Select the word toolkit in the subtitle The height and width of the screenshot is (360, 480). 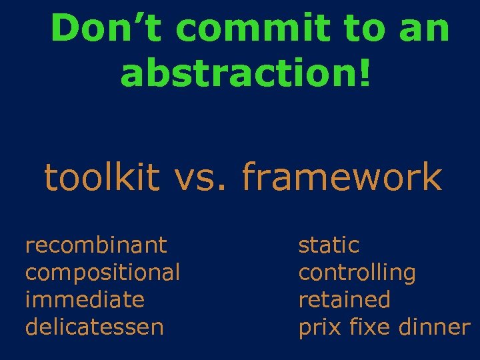coord(102,178)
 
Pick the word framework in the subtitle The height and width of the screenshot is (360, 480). coord(341,178)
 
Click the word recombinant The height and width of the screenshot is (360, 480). coord(95,245)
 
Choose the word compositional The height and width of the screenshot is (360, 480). coord(102,273)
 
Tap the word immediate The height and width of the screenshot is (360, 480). coord(84,300)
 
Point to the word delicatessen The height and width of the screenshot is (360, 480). coord(94,327)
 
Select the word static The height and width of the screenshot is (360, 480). coord(329,245)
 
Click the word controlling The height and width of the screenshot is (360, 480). coord(357,273)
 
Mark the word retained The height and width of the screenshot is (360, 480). coord(344,300)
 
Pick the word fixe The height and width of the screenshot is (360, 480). coord(370,327)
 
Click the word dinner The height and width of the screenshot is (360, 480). coord(434,327)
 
